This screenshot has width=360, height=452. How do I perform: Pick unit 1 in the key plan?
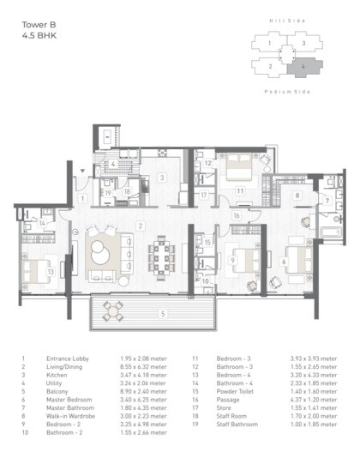click(x=271, y=41)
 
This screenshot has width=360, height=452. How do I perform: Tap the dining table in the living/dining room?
click(x=159, y=256)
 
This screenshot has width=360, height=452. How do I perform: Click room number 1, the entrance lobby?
click(x=83, y=199)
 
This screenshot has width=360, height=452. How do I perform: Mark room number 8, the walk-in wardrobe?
click(x=296, y=196)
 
